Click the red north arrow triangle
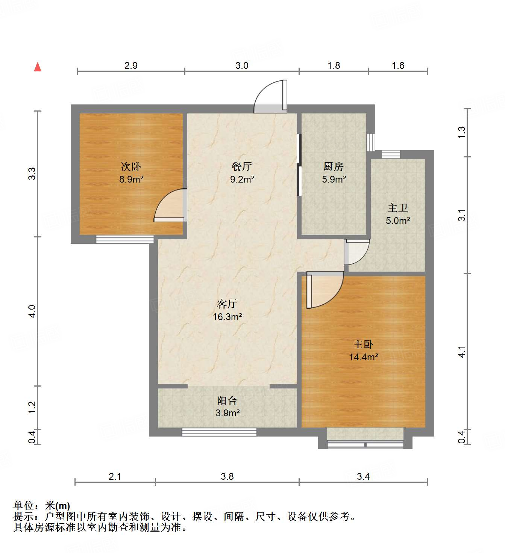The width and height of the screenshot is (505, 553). pos(38,67)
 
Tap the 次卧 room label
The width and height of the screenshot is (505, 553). pos(131,166)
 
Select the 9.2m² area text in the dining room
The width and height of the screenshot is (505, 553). pos(242,180)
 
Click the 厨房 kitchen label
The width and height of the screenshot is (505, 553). pos(334,166)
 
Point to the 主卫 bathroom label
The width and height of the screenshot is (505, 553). pos(398,208)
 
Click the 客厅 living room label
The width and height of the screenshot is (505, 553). pos(227,304)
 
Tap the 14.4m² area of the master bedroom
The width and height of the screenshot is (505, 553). pos(363,357)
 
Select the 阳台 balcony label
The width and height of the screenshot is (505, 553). pos(227,400)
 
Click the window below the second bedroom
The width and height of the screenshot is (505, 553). pos(125,239)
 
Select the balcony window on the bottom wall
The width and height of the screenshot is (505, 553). pos(219,432)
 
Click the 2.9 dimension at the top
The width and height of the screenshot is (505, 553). pos(131,65)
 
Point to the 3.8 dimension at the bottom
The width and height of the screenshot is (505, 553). pos(227,476)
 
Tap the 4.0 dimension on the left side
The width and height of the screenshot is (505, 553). pos(32,311)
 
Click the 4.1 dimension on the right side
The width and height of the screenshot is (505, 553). pos(462,352)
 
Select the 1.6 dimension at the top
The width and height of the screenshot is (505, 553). pos(398,65)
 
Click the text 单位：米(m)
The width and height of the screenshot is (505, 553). pos(42,506)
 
